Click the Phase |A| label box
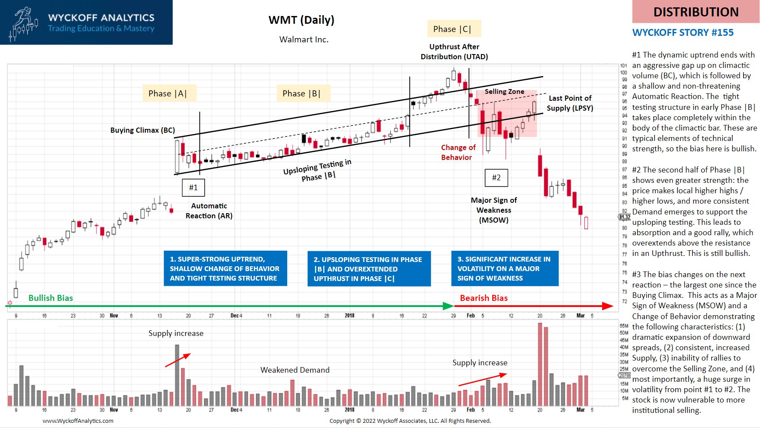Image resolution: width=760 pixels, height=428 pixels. pyautogui.click(x=168, y=93)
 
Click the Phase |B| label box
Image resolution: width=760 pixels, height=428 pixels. pyautogui.click(x=302, y=93)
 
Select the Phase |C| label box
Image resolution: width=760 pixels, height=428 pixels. pyautogui.click(x=452, y=29)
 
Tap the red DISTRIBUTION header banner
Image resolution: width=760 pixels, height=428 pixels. pyautogui.click(x=696, y=12)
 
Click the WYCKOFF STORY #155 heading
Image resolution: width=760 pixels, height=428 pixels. pyautogui.click(x=683, y=32)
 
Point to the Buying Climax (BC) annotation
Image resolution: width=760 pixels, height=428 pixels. pyautogui.click(x=142, y=130)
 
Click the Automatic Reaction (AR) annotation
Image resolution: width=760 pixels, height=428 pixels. pyautogui.click(x=209, y=211)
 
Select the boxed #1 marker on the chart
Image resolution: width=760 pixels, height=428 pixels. pyautogui.click(x=193, y=187)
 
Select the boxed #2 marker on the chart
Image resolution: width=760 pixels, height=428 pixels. pyautogui.click(x=496, y=177)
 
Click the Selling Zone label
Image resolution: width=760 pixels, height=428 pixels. pyautogui.click(x=504, y=92)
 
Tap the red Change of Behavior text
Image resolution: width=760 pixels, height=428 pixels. pyautogui.click(x=458, y=152)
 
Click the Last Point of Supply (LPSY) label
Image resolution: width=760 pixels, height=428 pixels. pyautogui.click(x=570, y=103)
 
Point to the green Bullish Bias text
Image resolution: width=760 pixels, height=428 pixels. pyautogui.click(x=51, y=298)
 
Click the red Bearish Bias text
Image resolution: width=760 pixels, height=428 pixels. pyautogui.click(x=484, y=298)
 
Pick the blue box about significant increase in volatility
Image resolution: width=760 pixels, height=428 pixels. pyautogui.click(x=504, y=268)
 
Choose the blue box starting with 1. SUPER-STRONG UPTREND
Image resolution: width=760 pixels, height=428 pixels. pyautogui.click(x=225, y=268)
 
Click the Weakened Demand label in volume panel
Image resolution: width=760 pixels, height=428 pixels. pyautogui.click(x=295, y=370)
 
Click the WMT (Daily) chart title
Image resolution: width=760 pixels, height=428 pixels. pyautogui.click(x=301, y=20)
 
